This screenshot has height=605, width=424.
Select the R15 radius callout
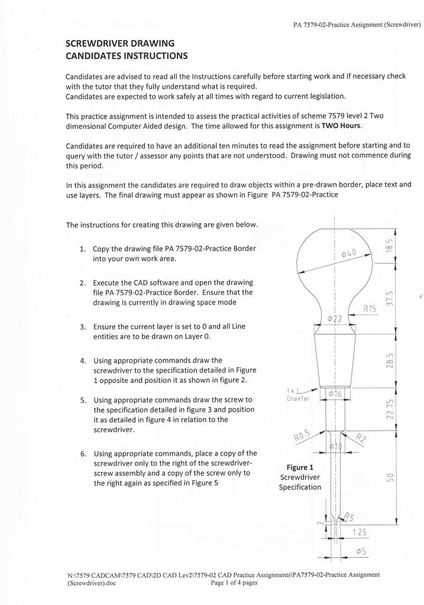point(371,308)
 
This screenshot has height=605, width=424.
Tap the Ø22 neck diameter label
point(335,320)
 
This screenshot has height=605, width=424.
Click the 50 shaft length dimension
point(390,477)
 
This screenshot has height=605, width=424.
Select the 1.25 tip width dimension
point(358,533)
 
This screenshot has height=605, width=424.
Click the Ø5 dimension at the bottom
point(359,552)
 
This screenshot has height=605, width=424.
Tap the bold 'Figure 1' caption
point(300,467)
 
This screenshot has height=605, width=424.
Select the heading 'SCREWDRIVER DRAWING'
point(119,44)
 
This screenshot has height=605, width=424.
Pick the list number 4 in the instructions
point(82,360)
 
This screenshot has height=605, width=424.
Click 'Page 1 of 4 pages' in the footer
point(234,583)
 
